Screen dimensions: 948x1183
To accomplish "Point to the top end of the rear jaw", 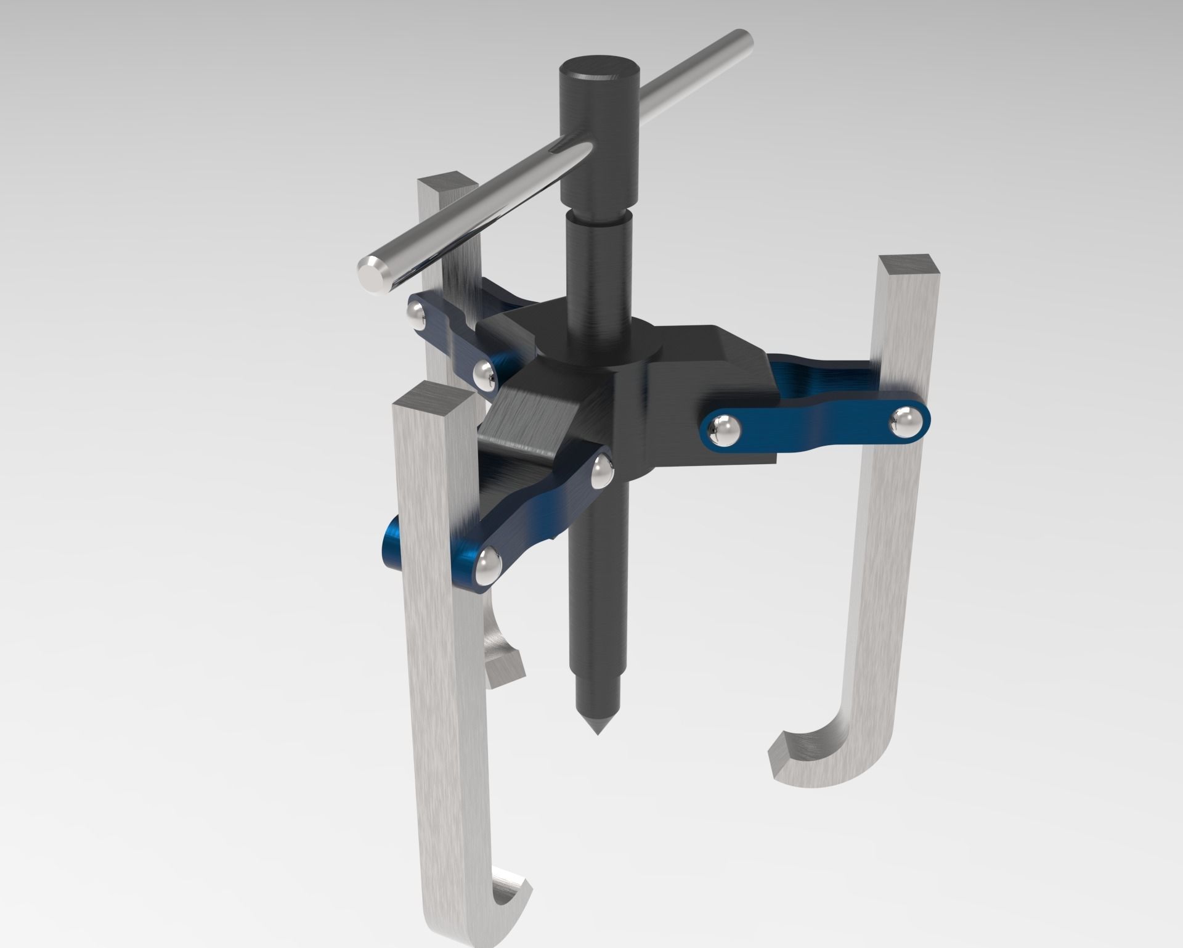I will tap(447, 185).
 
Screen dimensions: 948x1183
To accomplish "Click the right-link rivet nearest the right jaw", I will tap(905, 423).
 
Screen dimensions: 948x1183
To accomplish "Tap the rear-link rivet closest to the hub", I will tap(484, 374).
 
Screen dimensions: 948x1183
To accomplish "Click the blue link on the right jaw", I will tap(813, 425).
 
